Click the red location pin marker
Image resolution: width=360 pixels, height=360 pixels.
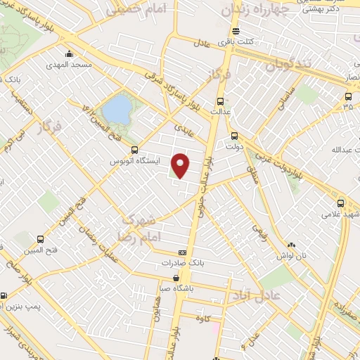(181, 165)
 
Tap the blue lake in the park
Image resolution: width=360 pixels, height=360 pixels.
(117, 109)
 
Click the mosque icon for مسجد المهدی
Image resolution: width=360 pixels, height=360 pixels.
(69, 53)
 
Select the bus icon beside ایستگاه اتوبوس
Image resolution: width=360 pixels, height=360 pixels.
(136, 150)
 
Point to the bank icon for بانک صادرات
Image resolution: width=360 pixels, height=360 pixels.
(182, 253)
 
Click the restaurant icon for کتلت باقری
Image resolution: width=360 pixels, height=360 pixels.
(234, 31)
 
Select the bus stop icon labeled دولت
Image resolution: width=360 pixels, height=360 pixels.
(234, 136)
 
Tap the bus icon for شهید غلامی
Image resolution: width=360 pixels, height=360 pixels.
(341, 202)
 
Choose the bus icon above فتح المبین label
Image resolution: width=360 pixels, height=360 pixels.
(40, 239)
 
